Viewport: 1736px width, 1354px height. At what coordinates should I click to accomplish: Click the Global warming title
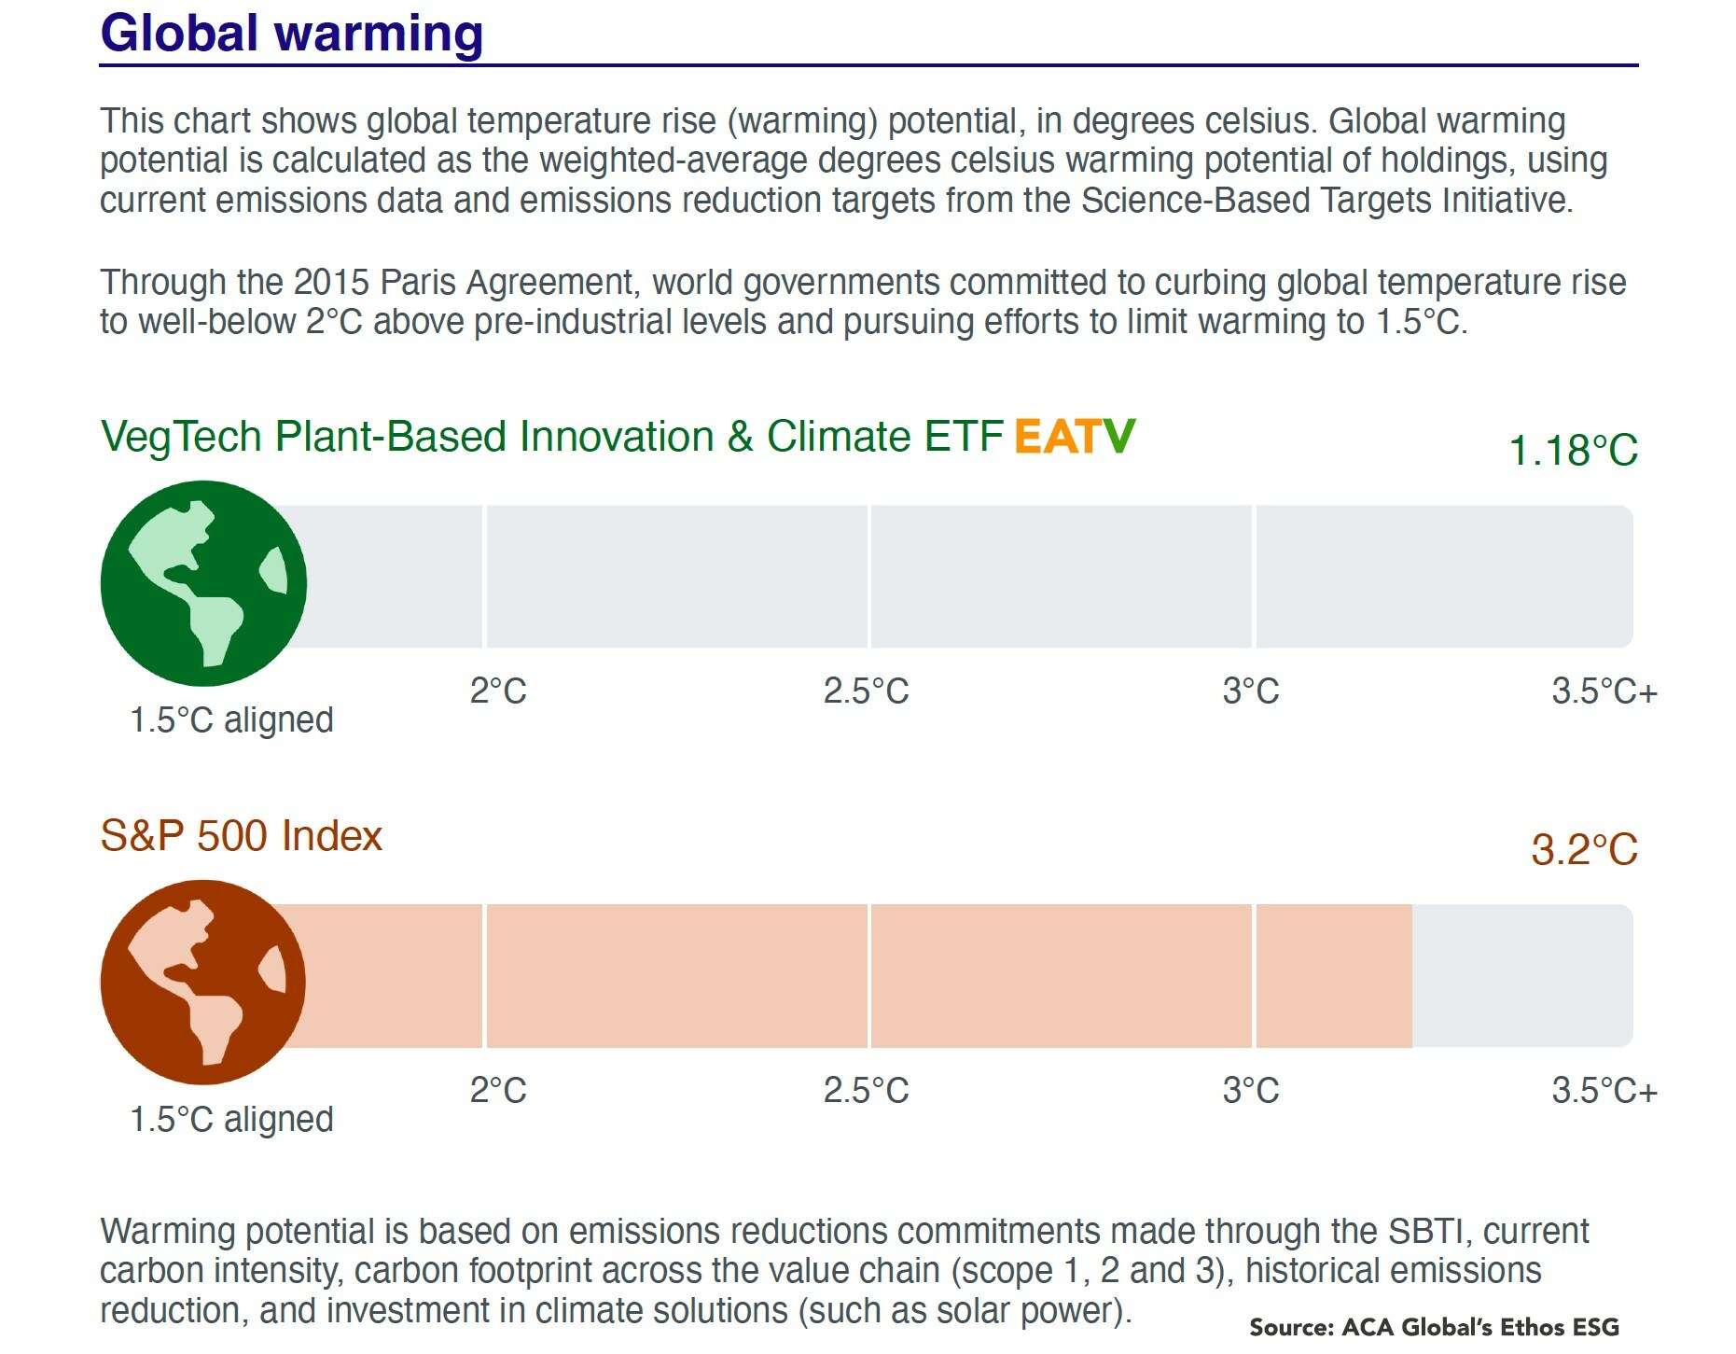[291, 34]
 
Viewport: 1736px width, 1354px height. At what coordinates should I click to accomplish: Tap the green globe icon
[203, 583]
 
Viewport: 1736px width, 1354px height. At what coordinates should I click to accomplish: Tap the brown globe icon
[203, 982]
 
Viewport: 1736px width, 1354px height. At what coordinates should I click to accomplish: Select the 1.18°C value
[1573, 451]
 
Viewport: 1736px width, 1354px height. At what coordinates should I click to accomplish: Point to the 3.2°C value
[1584, 850]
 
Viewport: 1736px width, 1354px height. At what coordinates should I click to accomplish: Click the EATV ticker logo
[1075, 436]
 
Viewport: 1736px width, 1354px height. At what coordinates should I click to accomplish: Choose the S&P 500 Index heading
[241, 836]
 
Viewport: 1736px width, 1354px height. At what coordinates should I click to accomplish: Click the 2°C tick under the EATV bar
[498, 691]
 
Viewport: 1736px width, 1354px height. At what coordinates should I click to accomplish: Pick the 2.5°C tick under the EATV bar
[866, 691]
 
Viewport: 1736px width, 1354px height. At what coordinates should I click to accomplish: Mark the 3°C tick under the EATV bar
[1251, 691]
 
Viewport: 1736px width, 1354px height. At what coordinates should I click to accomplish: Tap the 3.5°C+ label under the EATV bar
[1604, 691]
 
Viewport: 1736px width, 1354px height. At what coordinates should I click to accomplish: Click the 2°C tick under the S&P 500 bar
[498, 1090]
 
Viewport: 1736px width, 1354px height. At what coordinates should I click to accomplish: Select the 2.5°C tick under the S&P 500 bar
[866, 1090]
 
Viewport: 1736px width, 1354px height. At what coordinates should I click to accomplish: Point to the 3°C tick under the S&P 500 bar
[1251, 1090]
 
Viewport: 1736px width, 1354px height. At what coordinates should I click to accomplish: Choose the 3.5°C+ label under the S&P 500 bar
[1604, 1090]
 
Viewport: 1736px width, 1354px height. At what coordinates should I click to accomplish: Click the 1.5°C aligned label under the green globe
[231, 720]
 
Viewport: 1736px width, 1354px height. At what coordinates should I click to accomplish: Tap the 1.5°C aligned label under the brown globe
[231, 1119]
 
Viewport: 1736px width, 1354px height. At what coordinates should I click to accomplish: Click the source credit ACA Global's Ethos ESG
[1434, 1327]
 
